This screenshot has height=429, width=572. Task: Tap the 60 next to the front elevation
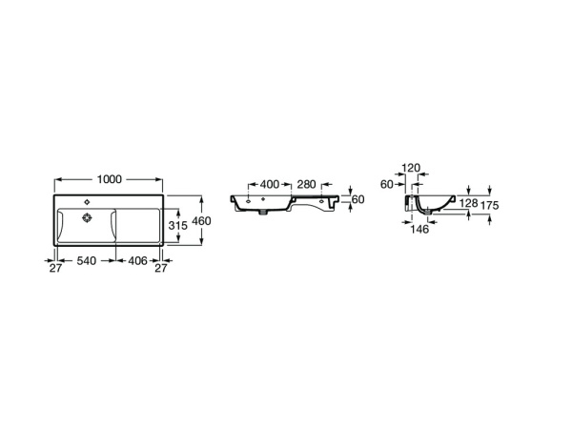358,199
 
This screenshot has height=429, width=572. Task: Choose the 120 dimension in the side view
411,168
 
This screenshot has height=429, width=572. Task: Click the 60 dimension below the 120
386,184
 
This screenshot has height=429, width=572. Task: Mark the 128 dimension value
467,203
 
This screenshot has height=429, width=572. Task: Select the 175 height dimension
492,204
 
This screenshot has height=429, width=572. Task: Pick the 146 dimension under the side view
421,230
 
